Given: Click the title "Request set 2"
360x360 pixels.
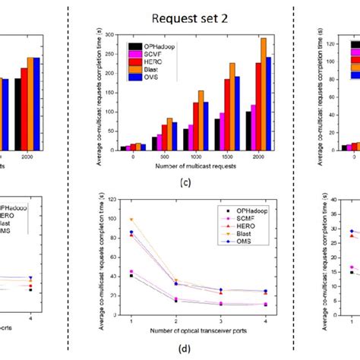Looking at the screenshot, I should tap(184, 17).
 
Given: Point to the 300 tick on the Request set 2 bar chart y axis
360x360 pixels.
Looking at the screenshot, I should tap(109, 35).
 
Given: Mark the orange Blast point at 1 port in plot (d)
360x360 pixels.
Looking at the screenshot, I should tap(131, 219).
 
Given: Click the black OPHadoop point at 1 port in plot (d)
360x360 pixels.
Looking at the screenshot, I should tap(131, 275).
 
